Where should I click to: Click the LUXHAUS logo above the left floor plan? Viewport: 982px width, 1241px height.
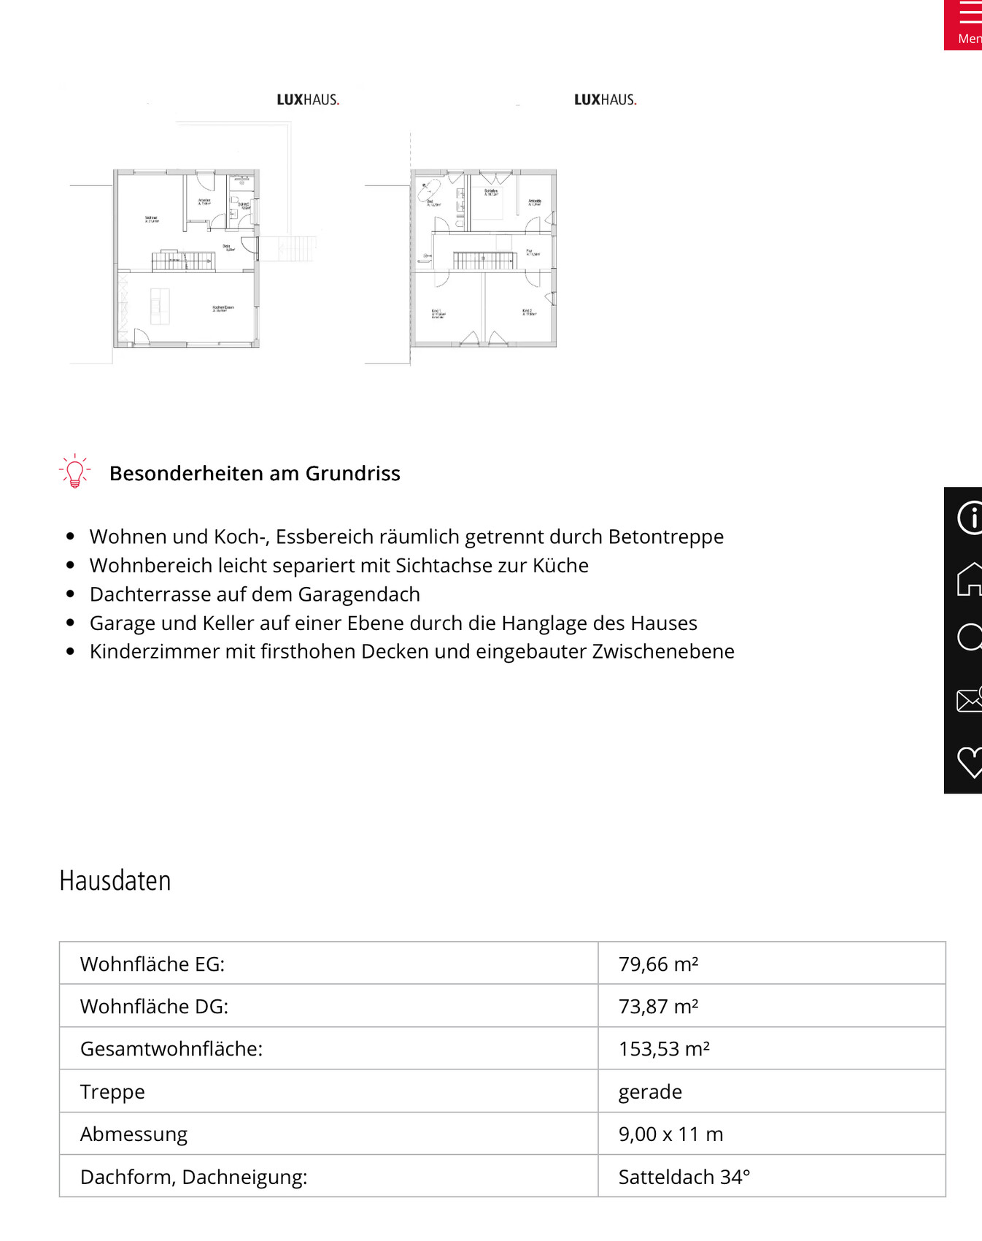308,100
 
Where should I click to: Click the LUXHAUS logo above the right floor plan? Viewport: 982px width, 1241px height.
605,100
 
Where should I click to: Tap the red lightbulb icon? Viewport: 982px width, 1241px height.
74,472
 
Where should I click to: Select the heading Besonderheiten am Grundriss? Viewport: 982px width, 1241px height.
255,474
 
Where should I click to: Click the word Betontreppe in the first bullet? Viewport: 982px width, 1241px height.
665,537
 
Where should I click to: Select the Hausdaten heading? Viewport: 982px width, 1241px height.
115,881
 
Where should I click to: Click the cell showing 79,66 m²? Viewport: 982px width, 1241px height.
658,964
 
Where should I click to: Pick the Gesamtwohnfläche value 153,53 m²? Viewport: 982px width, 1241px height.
664,1049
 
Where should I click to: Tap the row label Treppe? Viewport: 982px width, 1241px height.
112,1092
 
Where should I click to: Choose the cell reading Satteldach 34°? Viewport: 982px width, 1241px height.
684,1177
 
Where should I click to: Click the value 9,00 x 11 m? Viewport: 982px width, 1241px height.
670,1134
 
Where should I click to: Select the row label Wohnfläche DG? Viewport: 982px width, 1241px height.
154,1007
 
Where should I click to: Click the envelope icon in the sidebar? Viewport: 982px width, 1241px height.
970,700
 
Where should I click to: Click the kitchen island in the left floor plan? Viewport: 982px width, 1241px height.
159,306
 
